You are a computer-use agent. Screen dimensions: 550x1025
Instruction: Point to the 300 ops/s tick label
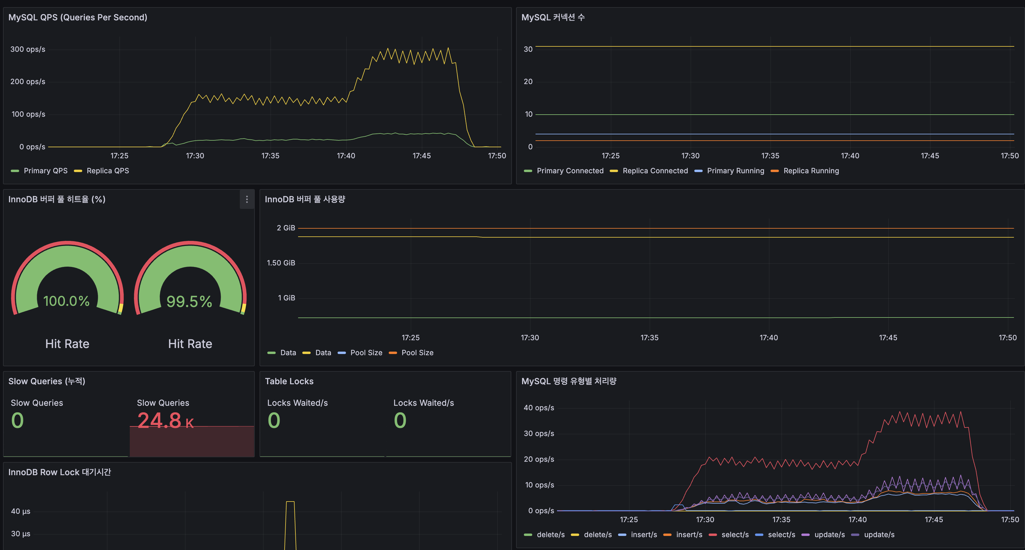coord(28,49)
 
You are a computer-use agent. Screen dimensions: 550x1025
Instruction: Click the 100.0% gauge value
coord(66,301)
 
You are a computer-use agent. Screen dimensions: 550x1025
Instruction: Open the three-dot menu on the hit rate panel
coord(247,199)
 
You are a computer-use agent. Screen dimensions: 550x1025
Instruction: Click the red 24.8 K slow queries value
coord(165,420)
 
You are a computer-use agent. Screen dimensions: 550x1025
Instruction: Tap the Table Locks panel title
coord(289,381)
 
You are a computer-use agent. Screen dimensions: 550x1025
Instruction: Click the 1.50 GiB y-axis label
coord(281,263)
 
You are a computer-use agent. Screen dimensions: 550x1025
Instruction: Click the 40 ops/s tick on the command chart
coord(539,408)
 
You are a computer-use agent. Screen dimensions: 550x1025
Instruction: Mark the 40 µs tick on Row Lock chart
coord(21,511)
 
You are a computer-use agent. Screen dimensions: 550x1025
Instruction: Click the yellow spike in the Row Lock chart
coord(290,518)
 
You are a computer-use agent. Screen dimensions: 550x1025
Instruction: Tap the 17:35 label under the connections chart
coord(770,156)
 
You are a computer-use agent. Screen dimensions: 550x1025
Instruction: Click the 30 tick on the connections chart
coord(528,49)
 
